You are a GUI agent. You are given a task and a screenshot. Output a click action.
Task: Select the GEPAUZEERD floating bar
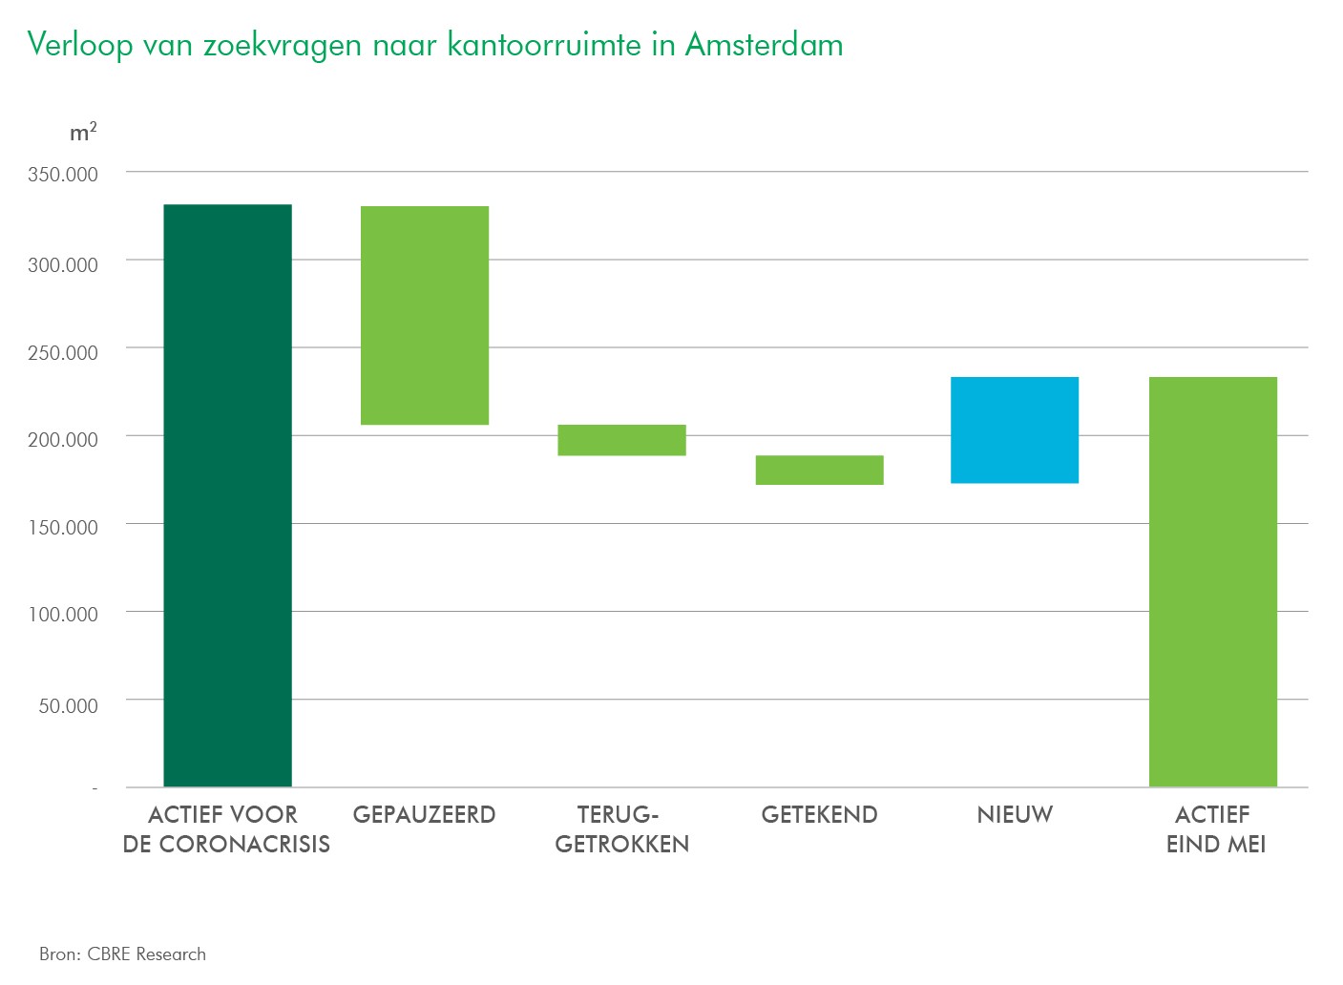click(x=424, y=315)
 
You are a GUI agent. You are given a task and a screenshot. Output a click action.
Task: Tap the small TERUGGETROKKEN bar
click(x=621, y=440)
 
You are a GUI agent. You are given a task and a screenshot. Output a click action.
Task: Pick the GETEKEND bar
click(x=819, y=470)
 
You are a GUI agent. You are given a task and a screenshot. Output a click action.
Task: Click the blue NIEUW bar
click(x=1015, y=430)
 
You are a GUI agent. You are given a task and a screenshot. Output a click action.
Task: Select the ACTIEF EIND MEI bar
click(x=1212, y=581)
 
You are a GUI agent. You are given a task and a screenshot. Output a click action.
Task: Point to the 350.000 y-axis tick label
click(x=63, y=175)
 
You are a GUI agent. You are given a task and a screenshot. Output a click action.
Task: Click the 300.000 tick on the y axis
click(x=63, y=265)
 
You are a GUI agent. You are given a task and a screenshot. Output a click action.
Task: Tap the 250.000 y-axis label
click(x=63, y=353)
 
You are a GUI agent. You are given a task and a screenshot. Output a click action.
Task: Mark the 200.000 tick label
click(x=63, y=440)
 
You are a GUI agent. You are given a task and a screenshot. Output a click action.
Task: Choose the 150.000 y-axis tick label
click(x=63, y=528)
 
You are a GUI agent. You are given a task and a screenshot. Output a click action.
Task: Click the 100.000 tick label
click(x=63, y=615)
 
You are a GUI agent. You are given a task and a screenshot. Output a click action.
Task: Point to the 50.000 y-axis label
click(x=68, y=706)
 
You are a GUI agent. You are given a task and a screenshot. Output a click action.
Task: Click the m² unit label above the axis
click(x=83, y=133)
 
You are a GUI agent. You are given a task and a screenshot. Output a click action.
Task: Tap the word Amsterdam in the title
click(x=764, y=45)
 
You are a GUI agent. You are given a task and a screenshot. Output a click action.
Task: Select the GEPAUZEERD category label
click(x=424, y=815)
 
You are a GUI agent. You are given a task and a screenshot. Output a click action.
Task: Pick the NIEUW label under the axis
click(x=1015, y=815)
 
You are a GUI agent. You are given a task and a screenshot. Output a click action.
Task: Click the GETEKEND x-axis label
click(x=819, y=815)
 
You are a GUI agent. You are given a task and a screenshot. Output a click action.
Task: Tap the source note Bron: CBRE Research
click(x=122, y=954)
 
